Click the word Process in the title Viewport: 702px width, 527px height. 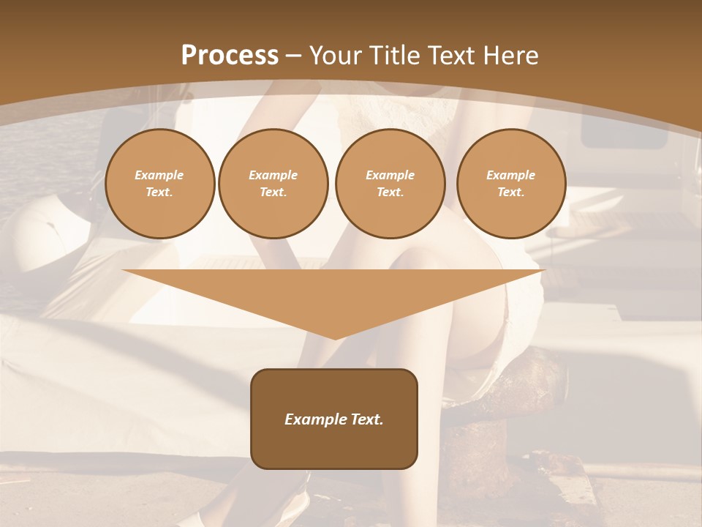tap(230, 56)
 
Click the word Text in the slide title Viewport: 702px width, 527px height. tap(452, 56)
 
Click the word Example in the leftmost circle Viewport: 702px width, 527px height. tap(159, 175)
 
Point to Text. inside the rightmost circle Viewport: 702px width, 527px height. tap(511, 192)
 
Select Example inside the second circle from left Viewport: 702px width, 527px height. tap(273, 175)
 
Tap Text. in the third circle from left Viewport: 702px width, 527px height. tap(390, 192)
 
